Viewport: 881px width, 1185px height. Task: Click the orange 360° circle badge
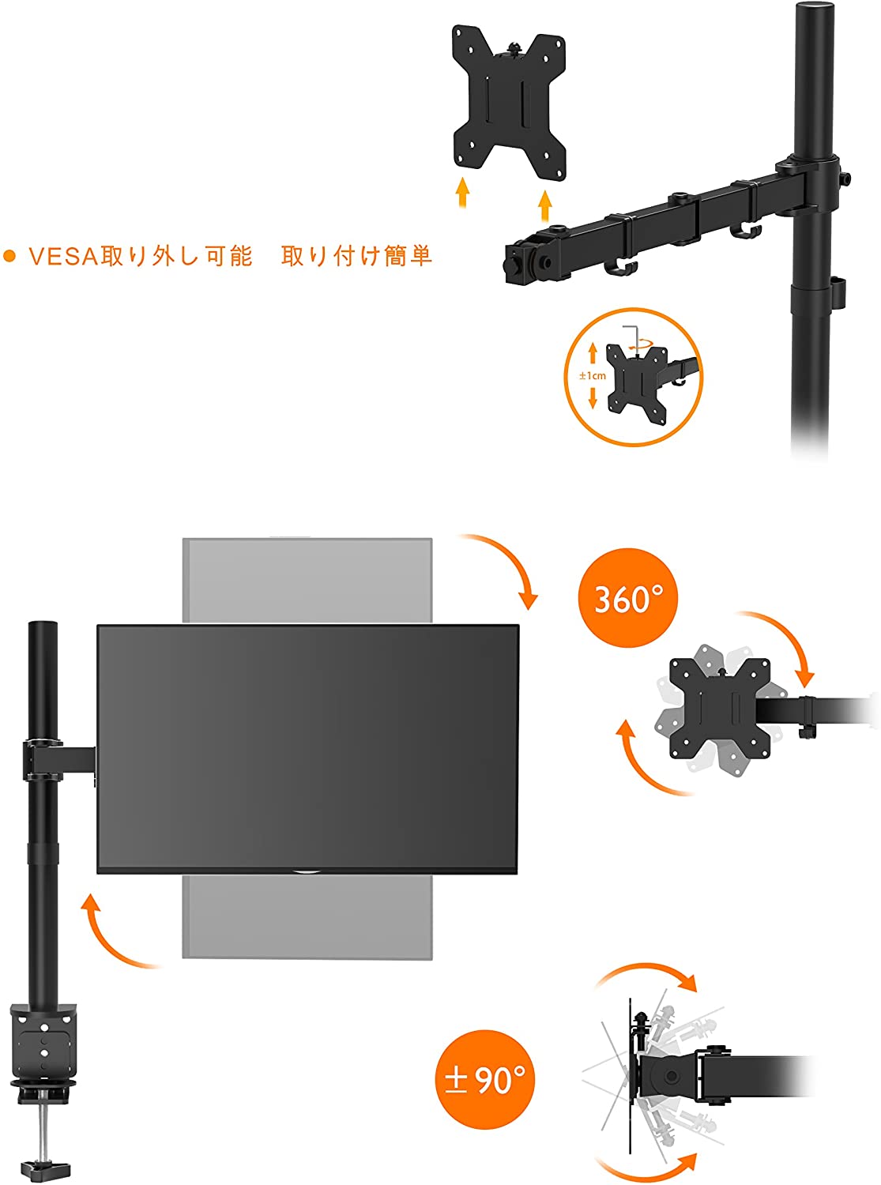(x=627, y=598)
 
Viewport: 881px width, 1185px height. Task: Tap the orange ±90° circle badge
(x=485, y=1079)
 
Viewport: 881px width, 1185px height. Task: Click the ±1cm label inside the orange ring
(x=593, y=375)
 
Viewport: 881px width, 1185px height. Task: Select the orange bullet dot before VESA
(x=9, y=257)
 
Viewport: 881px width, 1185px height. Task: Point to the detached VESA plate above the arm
(x=509, y=103)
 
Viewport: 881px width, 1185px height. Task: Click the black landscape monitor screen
(x=307, y=749)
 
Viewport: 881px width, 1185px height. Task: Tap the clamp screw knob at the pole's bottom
(x=46, y=1165)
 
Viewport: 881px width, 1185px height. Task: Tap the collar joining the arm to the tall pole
(x=808, y=184)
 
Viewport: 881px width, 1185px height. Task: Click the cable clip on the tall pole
(x=838, y=292)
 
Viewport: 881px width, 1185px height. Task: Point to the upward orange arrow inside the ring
(x=593, y=354)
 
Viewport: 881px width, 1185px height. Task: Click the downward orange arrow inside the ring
(x=593, y=397)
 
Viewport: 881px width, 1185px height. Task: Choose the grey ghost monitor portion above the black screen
(x=307, y=580)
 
